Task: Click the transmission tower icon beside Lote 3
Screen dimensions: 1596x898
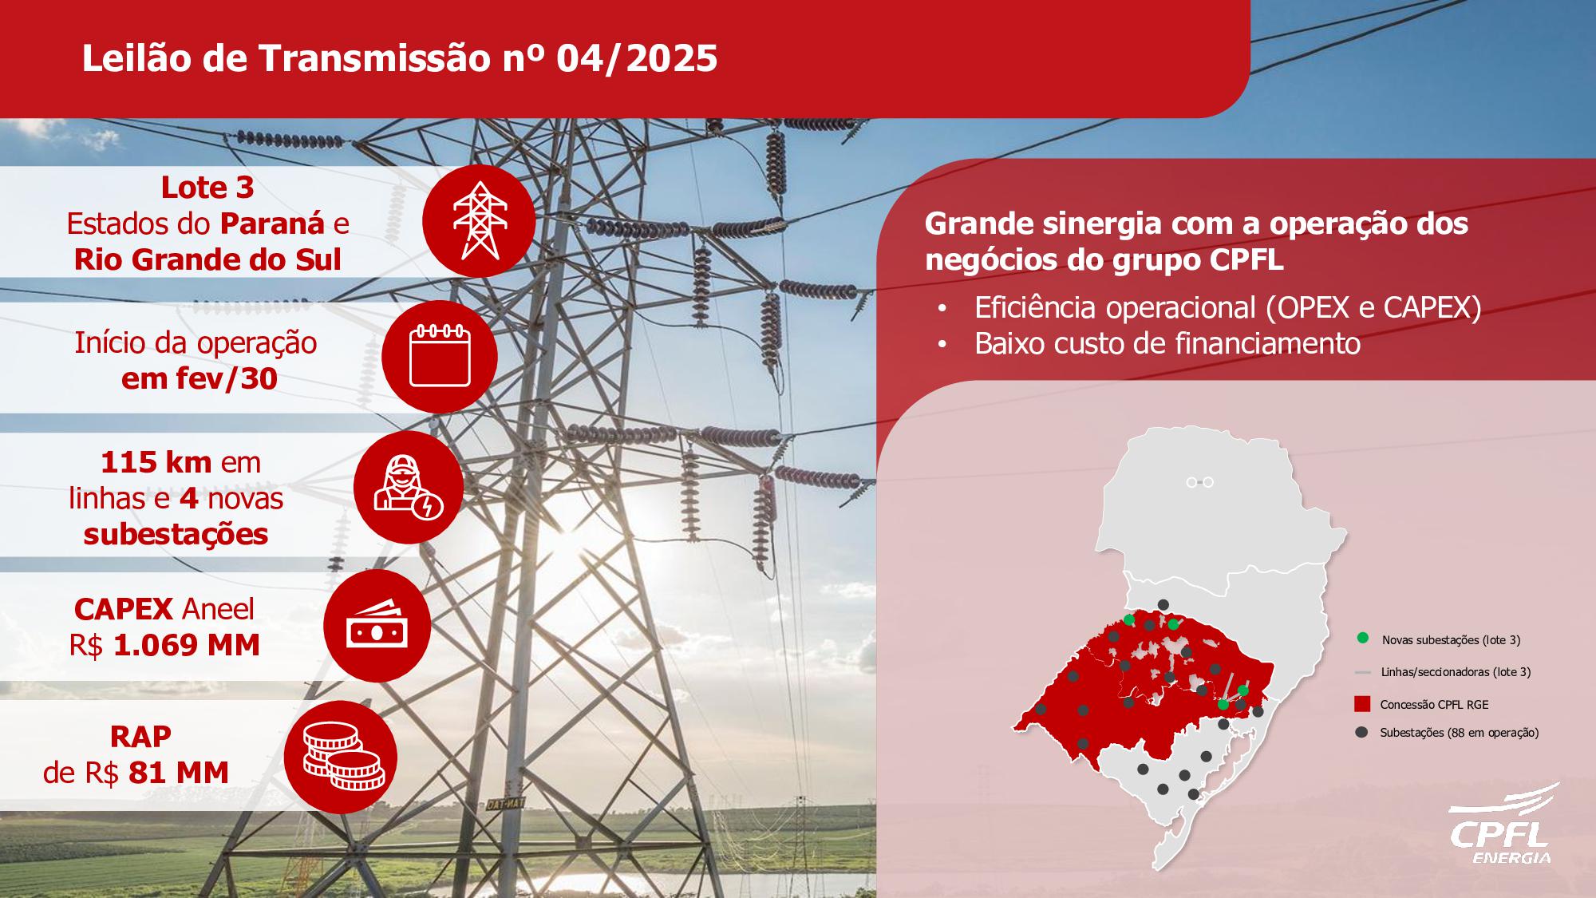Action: click(480, 220)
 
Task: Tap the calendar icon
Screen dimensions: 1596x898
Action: click(440, 356)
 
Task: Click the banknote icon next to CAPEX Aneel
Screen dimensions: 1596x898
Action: click(377, 625)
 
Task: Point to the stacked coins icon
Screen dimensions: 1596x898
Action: click(341, 756)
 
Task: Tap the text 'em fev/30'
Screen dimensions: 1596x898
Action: click(199, 378)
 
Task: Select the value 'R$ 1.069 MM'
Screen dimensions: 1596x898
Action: click(164, 645)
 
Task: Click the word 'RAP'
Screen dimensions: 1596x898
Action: click(141, 736)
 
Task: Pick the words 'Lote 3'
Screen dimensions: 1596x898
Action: click(207, 188)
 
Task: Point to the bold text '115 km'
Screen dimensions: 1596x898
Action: click(156, 462)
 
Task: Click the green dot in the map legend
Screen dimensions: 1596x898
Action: click(1362, 639)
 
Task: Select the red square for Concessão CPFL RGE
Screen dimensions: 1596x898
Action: click(1362, 704)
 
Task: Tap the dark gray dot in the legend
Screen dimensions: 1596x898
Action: click(1362, 732)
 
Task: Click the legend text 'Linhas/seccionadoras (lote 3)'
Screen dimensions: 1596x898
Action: click(1456, 672)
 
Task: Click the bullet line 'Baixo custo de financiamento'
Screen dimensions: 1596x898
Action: click(1167, 343)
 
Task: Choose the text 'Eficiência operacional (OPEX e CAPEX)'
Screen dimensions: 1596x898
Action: click(1228, 307)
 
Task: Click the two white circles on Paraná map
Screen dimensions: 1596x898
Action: click(1199, 482)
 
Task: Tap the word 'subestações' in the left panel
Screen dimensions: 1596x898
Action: click(176, 534)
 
